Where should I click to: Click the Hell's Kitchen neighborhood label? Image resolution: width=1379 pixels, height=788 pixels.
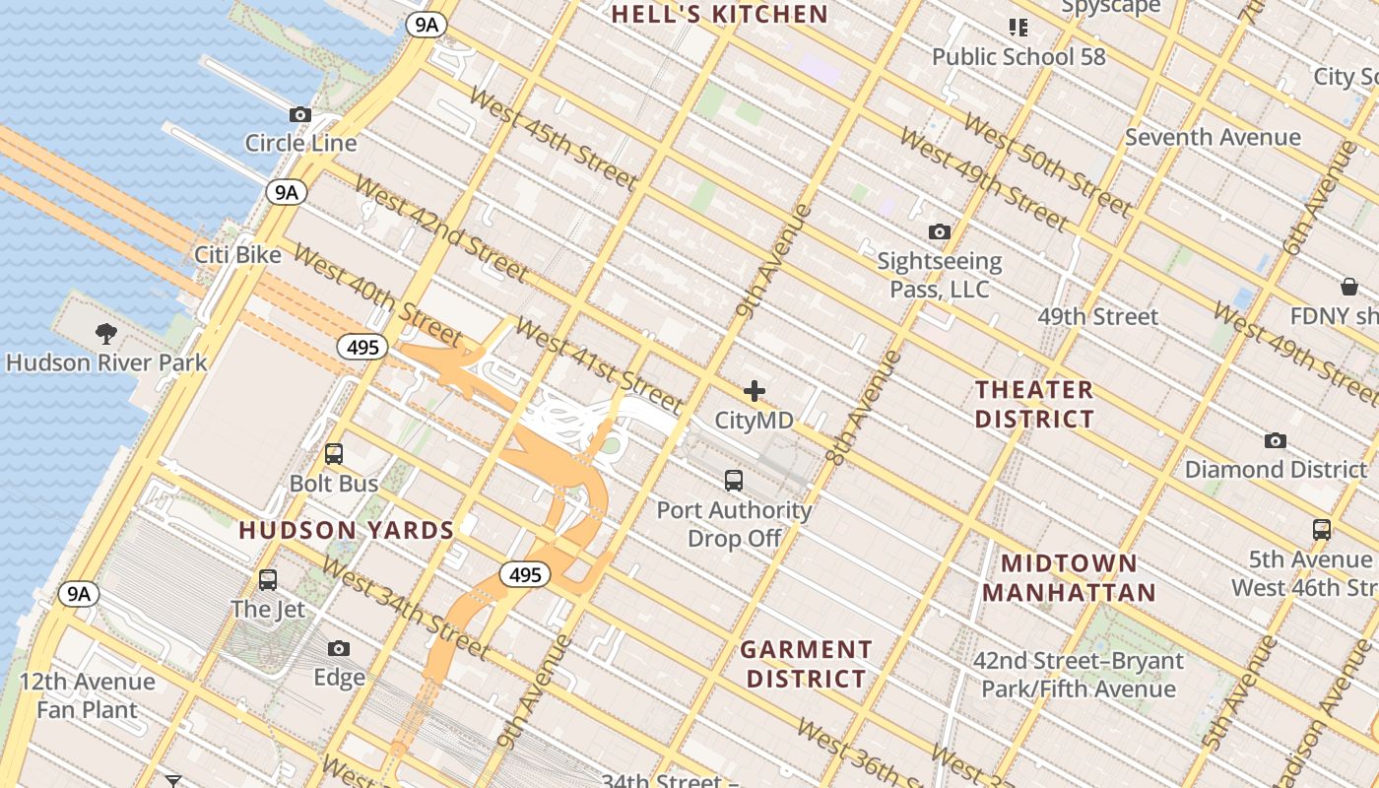(x=719, y=14)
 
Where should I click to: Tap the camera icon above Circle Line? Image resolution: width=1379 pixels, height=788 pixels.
(x=300, y=114)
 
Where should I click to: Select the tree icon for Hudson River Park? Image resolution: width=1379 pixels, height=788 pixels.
(x=106, y=333)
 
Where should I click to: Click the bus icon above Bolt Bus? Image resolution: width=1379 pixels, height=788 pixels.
(x=334, y=454)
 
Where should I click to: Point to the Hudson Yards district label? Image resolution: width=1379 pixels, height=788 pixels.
(x=346, y=531)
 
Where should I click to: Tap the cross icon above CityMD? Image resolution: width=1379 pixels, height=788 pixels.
(x=755, y=391)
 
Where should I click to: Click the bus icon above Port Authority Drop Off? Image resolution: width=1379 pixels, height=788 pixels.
(x=734, y=481)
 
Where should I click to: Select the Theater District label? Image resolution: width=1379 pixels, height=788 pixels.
(x=1034, y=404)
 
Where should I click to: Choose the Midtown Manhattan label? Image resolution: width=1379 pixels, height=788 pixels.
(x=1069, y=578)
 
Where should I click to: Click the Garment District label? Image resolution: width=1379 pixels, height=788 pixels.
(x=806, y=664)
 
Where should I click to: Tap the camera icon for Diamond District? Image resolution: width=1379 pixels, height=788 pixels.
(x=1276, y=440)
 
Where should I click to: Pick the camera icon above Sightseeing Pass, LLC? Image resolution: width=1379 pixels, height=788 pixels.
(x=940, y=231)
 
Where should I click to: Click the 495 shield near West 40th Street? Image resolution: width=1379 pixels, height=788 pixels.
(x=363, y=347)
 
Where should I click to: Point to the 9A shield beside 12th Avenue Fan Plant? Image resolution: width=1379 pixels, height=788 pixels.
(x=79, y=593)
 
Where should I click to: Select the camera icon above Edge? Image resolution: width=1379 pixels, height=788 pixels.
(x=339, y=648)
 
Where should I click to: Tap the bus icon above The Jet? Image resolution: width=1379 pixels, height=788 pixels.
(x=268, y=579)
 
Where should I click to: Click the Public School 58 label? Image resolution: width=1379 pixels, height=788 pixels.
(x=1018, y=57)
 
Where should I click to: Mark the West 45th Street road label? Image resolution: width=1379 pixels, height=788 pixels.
(x=552, y=138)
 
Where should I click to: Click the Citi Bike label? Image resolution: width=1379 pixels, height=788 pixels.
(x=237, y=255)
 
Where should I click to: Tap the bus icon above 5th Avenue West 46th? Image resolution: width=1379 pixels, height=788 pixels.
(x=1322, y=529)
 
